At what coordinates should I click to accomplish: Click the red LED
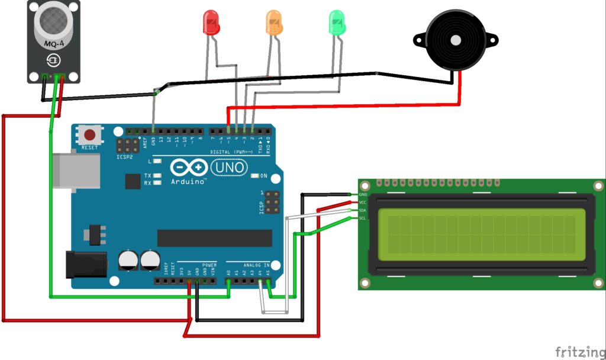pyautogui.click(x=211, y=22)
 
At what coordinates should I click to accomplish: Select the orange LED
pyautogui.click(x=273, y=22)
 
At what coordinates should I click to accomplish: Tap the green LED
pyautogui.click(x=336, y=22)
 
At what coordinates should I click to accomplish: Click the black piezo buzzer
pyautogui.click(x=455, y=40)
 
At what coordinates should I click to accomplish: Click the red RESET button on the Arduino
pyautogui.click(x=89, y=135)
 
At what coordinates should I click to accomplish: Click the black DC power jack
pyautogui.click(x=85, y=264)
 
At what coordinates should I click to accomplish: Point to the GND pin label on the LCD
pyautogui.click(x=363, y=194)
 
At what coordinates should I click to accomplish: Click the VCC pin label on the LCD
pyautogui.click(x=363, y=202)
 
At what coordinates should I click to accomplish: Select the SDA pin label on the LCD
pyautogui.click(x=363, y=210)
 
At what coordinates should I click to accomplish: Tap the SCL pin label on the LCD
pyautogui.click(x=363, y=218)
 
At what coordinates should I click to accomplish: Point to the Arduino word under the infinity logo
pyautogui.click(x=188, y=182)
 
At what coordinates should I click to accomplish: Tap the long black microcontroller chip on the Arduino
pyautogui.click(x=214, y=238)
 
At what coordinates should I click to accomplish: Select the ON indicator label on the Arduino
pyautogui.click(x=263, y=176)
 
